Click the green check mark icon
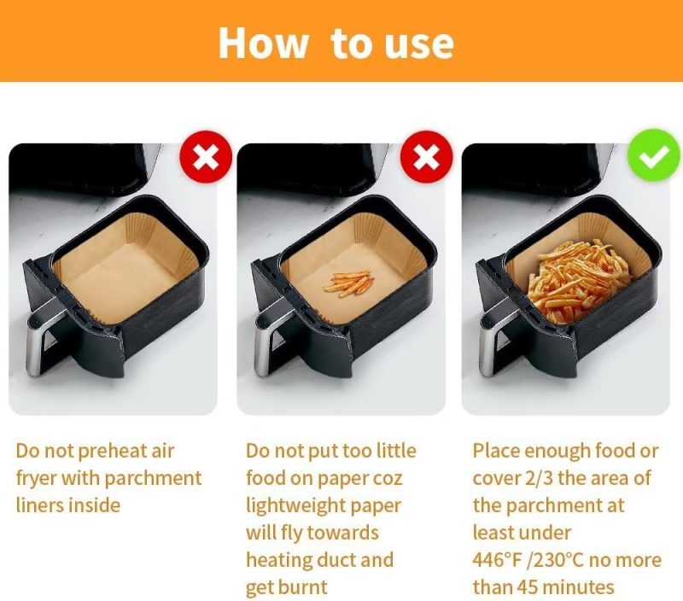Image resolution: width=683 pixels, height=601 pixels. coord(653,155)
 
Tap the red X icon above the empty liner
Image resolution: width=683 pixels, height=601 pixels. coord(206,157)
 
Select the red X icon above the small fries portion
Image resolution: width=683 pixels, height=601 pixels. coord(426,157)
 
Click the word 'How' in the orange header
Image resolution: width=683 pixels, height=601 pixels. coord(263,43)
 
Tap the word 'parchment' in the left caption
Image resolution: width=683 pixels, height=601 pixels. coord(153,479)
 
